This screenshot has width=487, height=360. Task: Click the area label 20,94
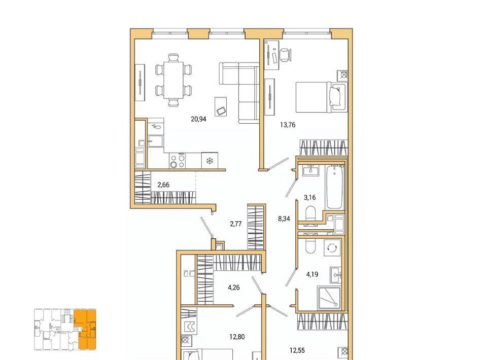pos(198,119)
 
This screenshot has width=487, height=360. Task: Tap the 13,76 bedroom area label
pos(288,125)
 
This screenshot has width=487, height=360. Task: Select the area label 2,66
pos(163,185)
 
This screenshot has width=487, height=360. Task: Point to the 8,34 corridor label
pos(284,219)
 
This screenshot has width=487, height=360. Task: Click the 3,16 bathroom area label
pos(309,197)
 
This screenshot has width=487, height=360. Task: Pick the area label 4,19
pos(312,274)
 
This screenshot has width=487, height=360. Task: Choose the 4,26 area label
pos(234,287)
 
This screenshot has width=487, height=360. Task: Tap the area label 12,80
pos(237,337)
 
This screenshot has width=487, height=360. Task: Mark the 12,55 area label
pos(297,351)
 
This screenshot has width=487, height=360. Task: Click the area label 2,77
pos(236,224)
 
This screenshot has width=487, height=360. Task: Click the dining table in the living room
pos(173,80)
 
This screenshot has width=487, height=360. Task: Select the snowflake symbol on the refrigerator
pos(210,161)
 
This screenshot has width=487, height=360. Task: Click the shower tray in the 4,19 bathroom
pos(329,298)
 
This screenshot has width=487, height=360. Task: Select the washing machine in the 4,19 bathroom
pos(332,247)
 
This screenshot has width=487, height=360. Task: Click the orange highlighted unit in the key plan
pos(85,330)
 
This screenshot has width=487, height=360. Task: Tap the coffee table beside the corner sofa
pos(221,106)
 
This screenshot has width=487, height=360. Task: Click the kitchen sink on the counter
pos(155,141)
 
